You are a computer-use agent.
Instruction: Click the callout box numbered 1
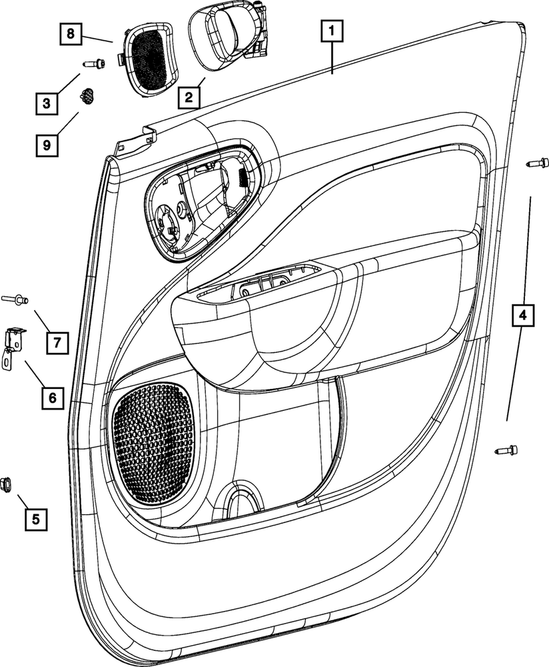tap(332, 31)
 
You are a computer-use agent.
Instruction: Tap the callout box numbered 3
tap(46, 104)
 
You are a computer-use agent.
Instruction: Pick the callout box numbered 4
tap(522, 314)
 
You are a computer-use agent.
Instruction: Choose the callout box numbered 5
tap(36, 518)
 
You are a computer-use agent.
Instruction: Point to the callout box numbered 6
tap(51, 398)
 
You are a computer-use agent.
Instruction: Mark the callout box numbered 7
tap(57, 343)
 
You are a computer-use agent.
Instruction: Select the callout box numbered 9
tap(46, 144)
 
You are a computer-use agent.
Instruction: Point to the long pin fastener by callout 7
tap(16, 299)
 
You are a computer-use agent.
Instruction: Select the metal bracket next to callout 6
tap(13, 346)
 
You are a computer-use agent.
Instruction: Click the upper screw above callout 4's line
tap(538, 162)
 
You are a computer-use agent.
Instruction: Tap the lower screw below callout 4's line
tap(507, 451)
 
